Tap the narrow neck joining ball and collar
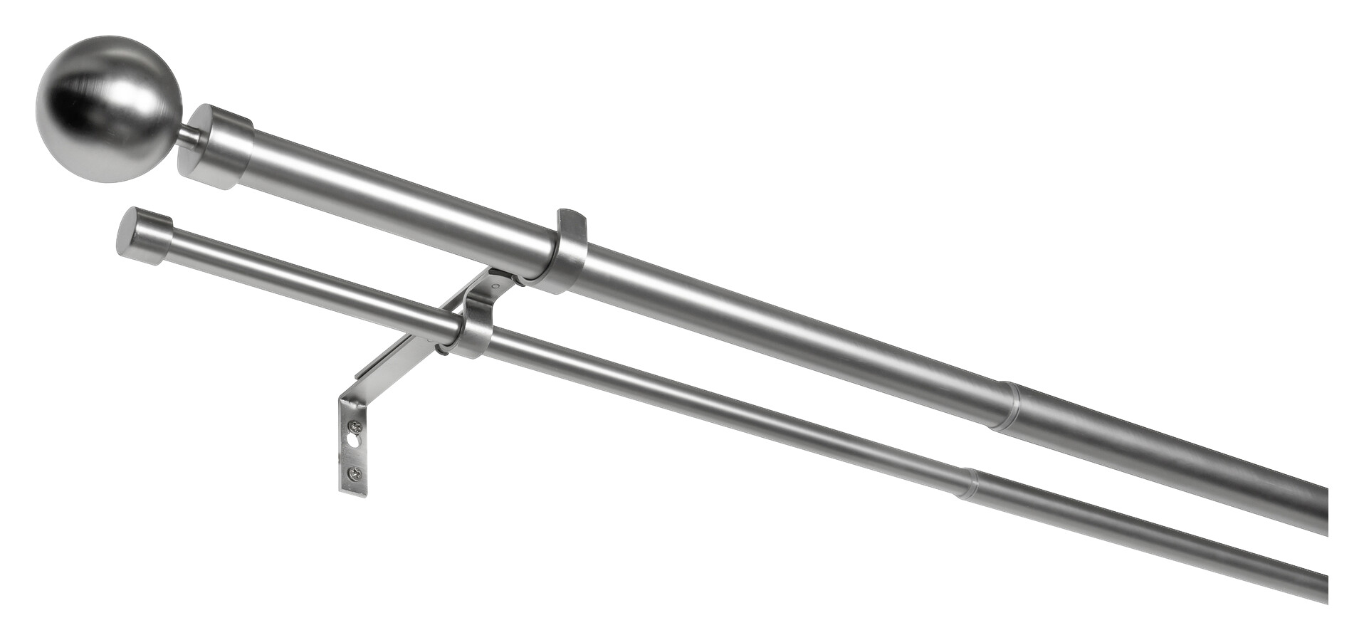[189, 137]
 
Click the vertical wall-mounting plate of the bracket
[353, 448]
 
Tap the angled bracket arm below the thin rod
[399, 355]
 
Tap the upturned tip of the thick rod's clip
[570, 217]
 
